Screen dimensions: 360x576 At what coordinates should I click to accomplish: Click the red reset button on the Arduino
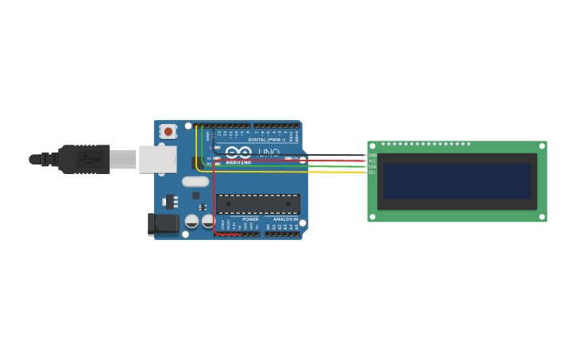pyautogui.click(x=168, y=131)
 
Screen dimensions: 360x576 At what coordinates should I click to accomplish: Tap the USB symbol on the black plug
pyautogui.click(x=92, y=159)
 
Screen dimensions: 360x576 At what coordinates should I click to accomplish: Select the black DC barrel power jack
pyautogui.click(x=164, y=224)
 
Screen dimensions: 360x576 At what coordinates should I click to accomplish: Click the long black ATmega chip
pyautogui.click(x=258, y=204)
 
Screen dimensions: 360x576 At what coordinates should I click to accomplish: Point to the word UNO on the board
pyautogui.click(x=269, y=152)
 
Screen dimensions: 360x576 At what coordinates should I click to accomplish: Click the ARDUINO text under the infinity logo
pyautogui.click(x=238, y=162)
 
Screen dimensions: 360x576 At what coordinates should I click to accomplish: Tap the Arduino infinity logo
pyautogui.click(x=238, y=152)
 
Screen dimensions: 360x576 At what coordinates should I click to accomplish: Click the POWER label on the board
pyautogui.click(x=250, y=219)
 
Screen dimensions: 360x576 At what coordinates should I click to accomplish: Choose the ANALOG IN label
pyautogui.click(x=286, y=219)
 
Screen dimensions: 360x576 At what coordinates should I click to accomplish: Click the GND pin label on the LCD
pyautogui.click(x=372, y=155)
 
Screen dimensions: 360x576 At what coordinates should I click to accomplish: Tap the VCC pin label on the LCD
pyautogui.click(x=372, y=161)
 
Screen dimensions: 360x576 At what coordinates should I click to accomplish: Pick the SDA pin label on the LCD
pyautogui.click(x=372, y=166)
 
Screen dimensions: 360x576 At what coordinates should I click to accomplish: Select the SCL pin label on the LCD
pyautogui.click(x=372, y=172)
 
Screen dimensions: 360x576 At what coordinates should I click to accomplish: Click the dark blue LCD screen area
pyautogui.click(x=457, y=181)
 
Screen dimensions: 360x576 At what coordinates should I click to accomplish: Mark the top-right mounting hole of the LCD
pyautogui.click(x=542, y=146)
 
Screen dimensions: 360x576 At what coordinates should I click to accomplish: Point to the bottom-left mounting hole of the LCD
pyautogui.click(x=372, y=216)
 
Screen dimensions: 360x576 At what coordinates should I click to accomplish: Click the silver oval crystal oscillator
pyautogui.click(x=195, y=181)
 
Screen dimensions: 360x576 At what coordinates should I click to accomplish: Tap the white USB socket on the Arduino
pyautogui.click(x=157, y=159)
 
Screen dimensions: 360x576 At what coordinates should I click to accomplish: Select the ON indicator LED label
pyautogui.click(x=296, y=158)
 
